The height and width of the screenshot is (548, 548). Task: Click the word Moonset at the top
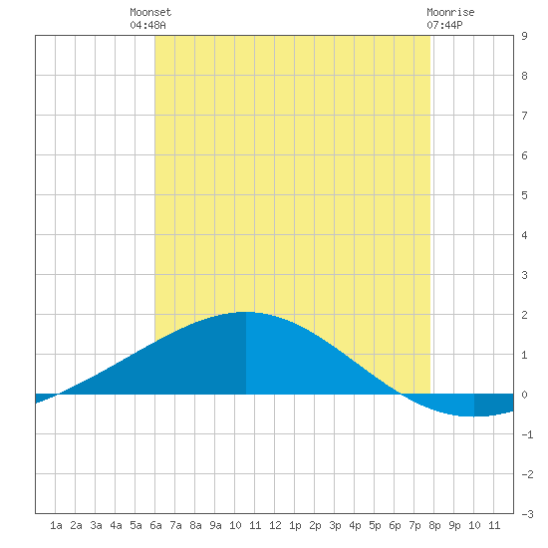(150, 12)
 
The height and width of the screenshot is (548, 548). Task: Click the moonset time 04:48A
(147, 25)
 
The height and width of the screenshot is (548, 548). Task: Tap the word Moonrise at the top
(450, 12)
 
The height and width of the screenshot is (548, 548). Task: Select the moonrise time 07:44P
(444, 25)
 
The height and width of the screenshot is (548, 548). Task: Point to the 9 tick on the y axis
(524, 36)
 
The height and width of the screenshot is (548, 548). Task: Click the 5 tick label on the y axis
(524, 195)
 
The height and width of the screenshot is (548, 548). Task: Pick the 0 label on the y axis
(524, 395)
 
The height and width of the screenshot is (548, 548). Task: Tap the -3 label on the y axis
(527, 514)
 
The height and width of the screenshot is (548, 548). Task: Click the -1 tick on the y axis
(527, 434)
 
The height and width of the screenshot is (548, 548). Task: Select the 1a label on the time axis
(56, 525)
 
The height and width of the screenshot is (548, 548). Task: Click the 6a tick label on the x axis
(155, 525)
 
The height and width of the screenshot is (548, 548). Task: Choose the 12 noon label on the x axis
(275, 525)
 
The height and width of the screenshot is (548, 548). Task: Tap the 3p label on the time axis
(335, 525)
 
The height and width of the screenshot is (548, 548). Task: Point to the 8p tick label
(434, 525)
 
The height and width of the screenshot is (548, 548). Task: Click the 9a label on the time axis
(215, 525)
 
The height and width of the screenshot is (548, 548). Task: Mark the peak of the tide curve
(246, 312)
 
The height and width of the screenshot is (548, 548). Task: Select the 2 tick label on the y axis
(524, 315)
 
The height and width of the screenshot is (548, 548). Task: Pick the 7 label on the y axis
(524, 116)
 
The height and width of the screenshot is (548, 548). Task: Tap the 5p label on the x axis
(375, 525)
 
